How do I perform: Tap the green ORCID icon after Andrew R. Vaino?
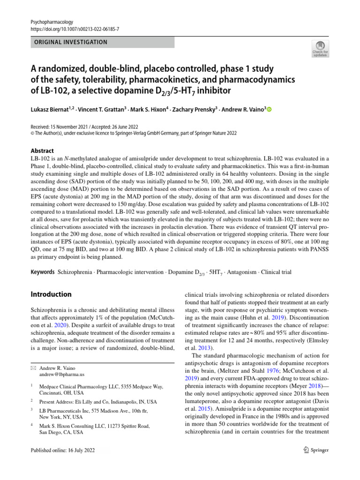269,109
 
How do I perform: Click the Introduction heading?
51,294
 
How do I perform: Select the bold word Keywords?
42,271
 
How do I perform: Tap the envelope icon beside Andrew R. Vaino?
33,368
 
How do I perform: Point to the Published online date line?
62,450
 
